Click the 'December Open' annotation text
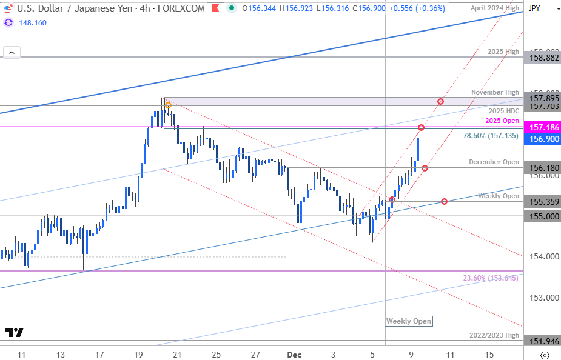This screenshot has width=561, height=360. coord(494,162)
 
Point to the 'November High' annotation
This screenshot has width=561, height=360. coord(495,92)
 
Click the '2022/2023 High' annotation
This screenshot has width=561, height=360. coord(494,335)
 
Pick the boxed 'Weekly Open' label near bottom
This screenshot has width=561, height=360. coord(409,321)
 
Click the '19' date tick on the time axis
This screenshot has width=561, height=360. coord(139,353)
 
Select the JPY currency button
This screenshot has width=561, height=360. coord(534,8)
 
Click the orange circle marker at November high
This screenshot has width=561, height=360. coord(168,105)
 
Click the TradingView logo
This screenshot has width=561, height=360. coord(15,332)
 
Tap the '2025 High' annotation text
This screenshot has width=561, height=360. coord(503,52)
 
